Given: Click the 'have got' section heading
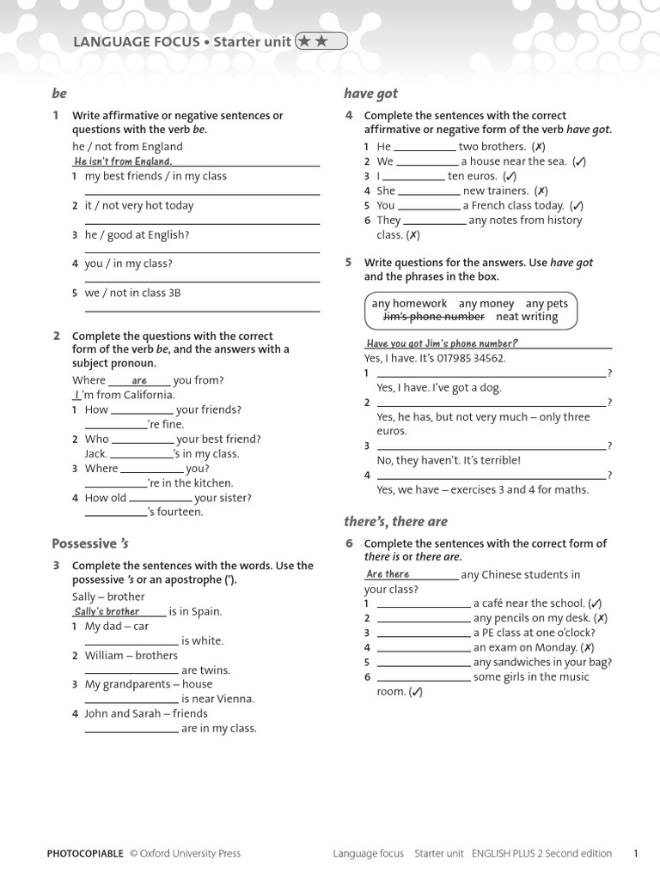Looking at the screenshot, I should tap(370, 94).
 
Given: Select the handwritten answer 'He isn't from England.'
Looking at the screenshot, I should tap(123, 161).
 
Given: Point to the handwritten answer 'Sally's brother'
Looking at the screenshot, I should tap(107, 611).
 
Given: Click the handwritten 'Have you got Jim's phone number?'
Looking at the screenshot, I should tap(442, 343).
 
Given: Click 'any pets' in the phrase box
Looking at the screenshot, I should tap(547, 303).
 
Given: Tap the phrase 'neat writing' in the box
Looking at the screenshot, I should tap(527, 317).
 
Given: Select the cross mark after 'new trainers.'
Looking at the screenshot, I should tap(541, 191).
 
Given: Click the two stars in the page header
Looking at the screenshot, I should tap(321, 40).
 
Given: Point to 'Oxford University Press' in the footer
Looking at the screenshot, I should tap(190, 853).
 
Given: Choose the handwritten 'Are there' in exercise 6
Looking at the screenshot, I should tap(388, 574).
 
